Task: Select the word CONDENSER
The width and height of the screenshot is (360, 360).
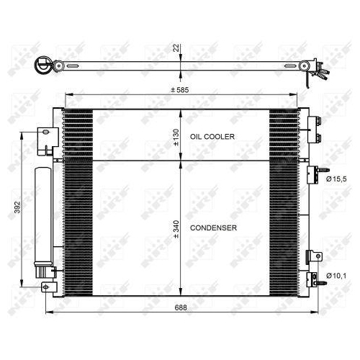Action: click(214, 228)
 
